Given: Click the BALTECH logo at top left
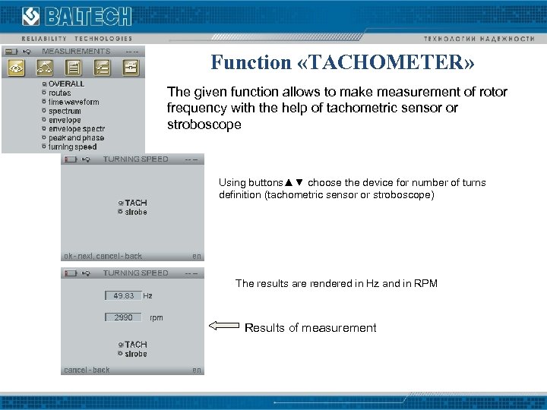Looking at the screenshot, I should (76, 17).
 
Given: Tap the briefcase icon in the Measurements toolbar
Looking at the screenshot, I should (131, 68).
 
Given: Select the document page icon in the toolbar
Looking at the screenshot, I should (73, 68).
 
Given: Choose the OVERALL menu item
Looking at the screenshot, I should (66, 84).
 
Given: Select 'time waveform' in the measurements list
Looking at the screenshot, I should (74, 102).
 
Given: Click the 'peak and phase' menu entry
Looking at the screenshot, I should (76, 138).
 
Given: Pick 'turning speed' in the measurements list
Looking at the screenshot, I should (73, 147).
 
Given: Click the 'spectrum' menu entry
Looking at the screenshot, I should (65, 111).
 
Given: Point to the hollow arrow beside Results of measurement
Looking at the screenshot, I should (223, 326).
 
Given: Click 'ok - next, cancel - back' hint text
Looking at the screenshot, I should (103, 256).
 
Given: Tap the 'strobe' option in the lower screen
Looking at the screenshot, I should (136, 354).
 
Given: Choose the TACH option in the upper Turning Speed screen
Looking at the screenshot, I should (135, 203).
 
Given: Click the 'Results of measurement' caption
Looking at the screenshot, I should (310, 328).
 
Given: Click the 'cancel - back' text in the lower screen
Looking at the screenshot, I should (87, 370).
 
